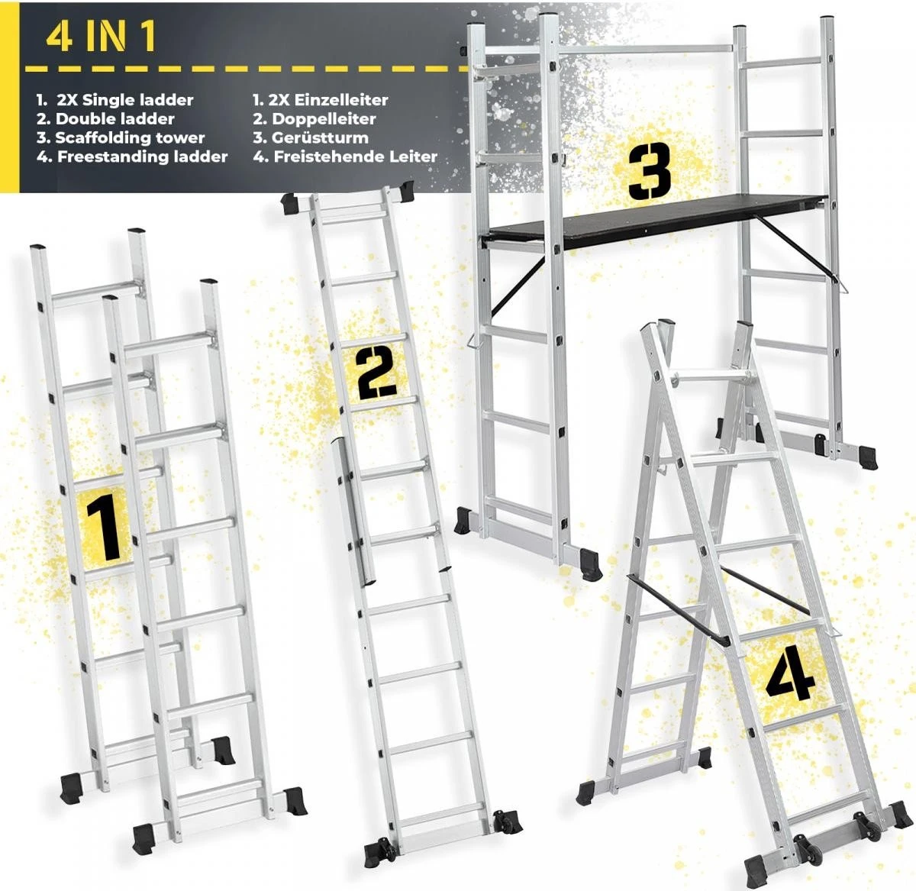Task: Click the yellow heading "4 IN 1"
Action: coord(101,37)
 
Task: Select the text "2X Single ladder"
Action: coord(124,100)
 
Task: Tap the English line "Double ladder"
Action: coord(114,119)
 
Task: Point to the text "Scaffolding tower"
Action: coord(130,138)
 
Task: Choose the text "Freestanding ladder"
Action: coord(142,157)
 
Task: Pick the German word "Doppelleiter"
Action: coord(324,119)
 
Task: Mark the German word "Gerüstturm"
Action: coord(320,138)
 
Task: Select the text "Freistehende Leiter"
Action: coord(355,157)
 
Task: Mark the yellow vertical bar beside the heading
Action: coord(9,97)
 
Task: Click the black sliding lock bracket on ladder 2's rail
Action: coord(354,510)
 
